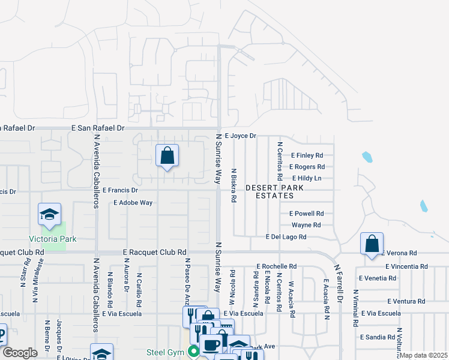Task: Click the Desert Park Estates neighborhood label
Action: (x=274, y=192)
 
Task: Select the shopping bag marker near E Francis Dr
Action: (x=167, y=156)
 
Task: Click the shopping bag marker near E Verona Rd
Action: (x=372, y=244)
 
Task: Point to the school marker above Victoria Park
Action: (x=50, y=214)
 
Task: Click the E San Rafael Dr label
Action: (x=97, y=128)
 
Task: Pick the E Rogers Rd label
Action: (x=307, y=167)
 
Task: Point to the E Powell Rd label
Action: (x=306, y=213)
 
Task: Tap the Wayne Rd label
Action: (x=306, y=225)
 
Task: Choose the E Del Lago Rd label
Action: (x=286, y=237)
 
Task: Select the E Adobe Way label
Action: (x=133, y=203)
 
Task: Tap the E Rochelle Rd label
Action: (x=276, y=266)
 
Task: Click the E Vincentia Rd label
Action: (x=406, y=266)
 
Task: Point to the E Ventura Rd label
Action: (x=406, y=301)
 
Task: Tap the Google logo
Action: (x=20, y=353)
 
